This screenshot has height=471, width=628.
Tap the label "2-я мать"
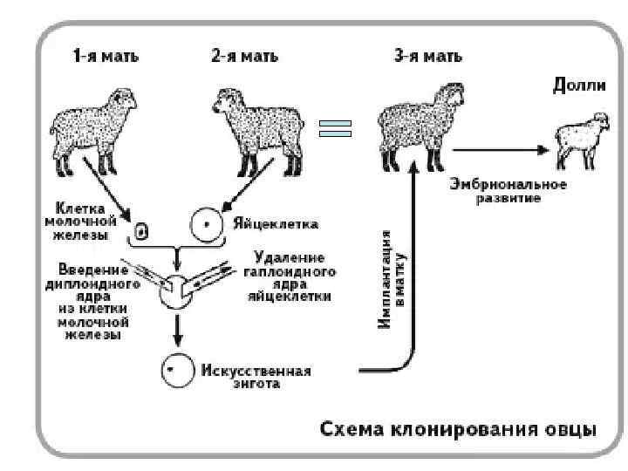(244, 57)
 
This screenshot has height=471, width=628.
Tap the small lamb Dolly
(581, 137)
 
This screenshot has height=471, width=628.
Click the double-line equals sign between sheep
(335, 129)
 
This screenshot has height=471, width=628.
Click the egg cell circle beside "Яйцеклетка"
(207, 224)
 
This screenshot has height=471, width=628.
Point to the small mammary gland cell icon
(142, 231)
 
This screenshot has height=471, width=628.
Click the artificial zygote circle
(175, 371)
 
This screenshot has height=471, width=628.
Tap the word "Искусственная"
(256, 370)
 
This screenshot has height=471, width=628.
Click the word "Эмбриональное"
(509, 185)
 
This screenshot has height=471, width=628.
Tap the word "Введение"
(92, 268)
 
